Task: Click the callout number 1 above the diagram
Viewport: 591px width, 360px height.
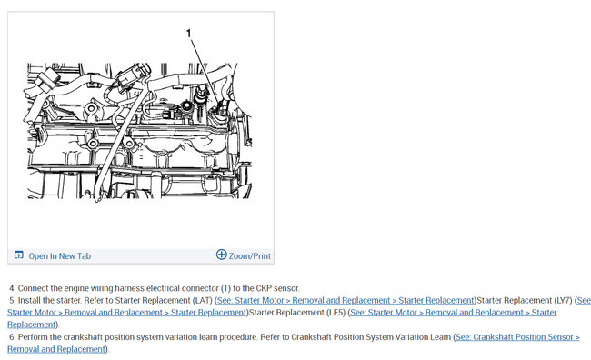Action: [189, 34]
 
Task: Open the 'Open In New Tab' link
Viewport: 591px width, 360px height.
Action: [59, 256]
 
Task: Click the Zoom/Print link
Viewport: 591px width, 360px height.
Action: [249, 256]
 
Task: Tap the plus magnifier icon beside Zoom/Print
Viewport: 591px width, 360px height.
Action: [221, 255]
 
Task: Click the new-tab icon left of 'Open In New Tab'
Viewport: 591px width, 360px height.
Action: [18, 255]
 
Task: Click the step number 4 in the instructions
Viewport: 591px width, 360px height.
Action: [12, 288]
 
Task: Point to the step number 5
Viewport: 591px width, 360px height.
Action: [12, 300]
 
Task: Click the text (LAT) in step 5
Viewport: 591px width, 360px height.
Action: [203, 300]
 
